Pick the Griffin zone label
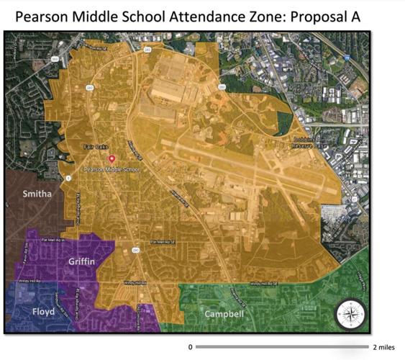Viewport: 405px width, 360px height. (x=82, y=261)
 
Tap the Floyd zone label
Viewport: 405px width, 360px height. (x=42, y=311)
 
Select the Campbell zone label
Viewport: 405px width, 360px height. (x=224, y=314)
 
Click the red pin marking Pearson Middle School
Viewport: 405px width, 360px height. (x=111, y=158)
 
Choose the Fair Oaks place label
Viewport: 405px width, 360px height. (x=95, y=147)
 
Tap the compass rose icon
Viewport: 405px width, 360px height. (x=350, y=315)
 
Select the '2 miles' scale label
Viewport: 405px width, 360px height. (x=385, y=347)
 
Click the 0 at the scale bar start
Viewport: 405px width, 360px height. (x=190, y=347)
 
